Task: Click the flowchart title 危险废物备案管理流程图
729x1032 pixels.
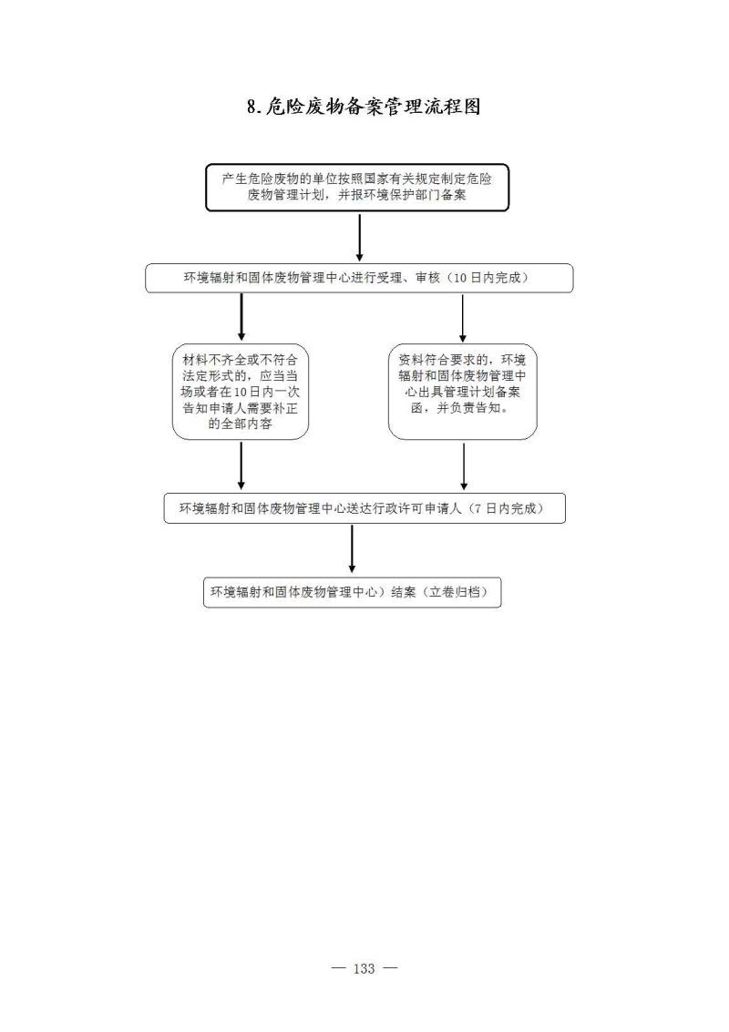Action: (x=374, y=107)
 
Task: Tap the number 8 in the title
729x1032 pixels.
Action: (x=252, y=107)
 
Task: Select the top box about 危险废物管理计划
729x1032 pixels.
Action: (x=357, y=188)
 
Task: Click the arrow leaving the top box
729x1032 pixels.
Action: (x=360, y=237)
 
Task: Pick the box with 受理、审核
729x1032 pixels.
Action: (x=359, y=278)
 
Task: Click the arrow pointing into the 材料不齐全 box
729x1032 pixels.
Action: (x=241, y=317)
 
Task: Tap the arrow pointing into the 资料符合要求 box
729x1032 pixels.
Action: (x=462, y=318)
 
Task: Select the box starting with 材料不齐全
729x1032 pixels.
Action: (x=241, y=391)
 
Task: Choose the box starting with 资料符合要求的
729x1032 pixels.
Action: (x=462, y=391)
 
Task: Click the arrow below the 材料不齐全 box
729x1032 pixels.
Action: (x=241, y=465)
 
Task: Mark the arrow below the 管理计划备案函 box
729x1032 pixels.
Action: (x=464, y=466)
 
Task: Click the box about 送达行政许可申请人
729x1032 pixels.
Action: (x=364, y=508)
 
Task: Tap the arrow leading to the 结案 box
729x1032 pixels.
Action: (x=353, y=548)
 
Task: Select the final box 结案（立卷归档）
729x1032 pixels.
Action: (x=353, y=592)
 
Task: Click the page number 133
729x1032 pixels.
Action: (x=364, y=968)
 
